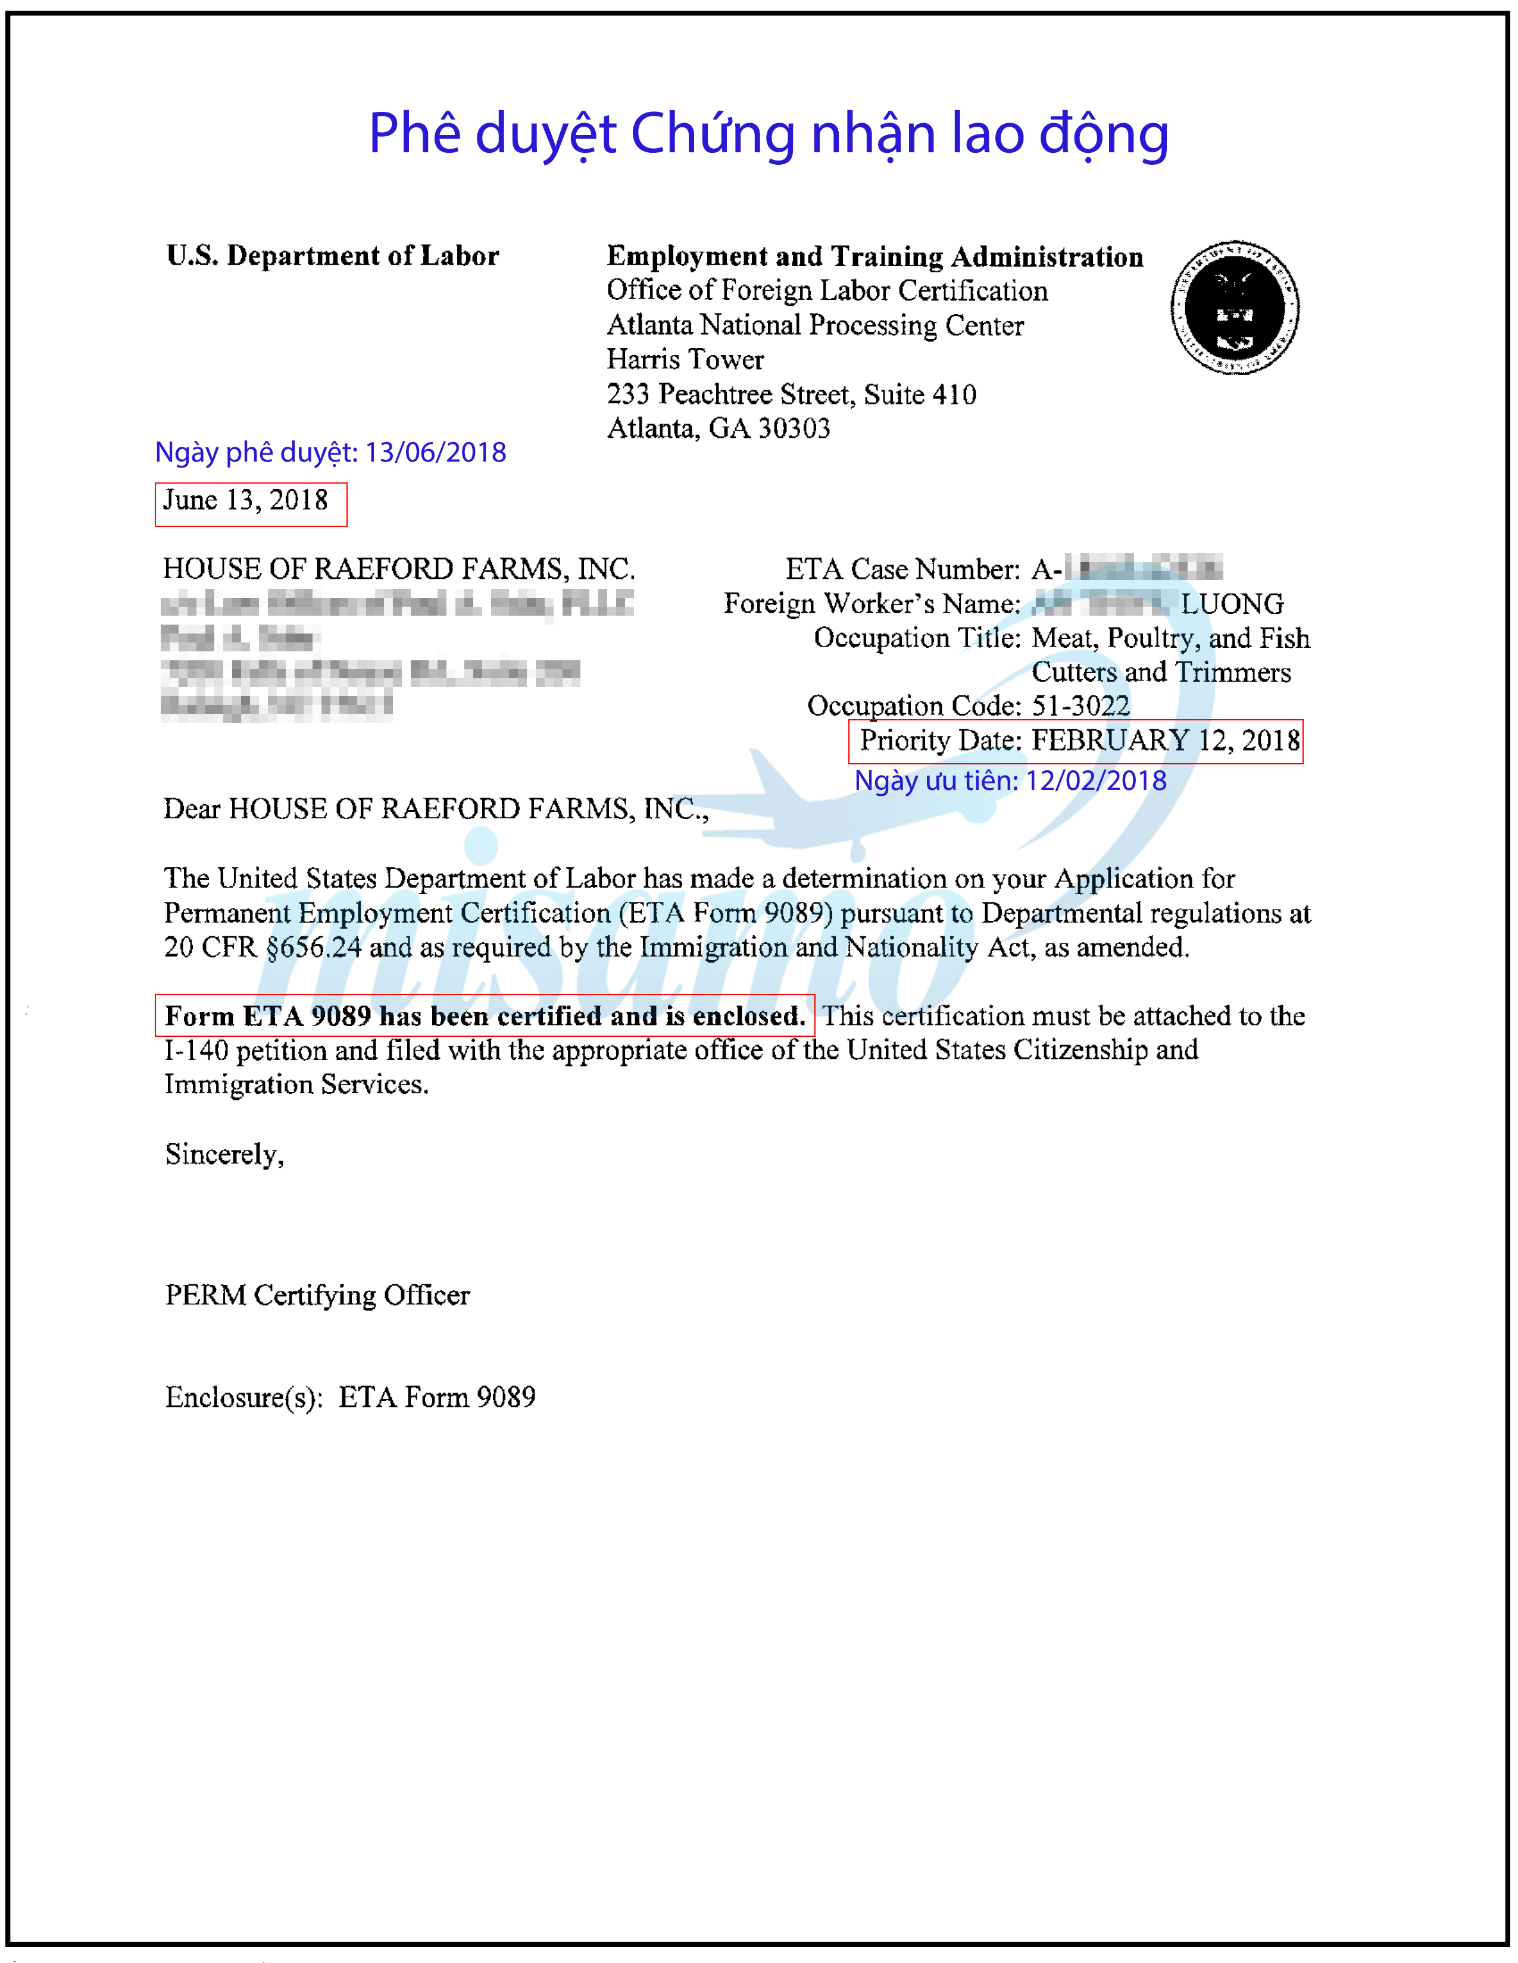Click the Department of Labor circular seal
click(x=1234, y=308)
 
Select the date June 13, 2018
click(x=245, y=501)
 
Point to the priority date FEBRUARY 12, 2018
click(x=1164, y=741)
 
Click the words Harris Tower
click(x=685, y=359)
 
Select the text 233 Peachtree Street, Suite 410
click(x=791, y=394)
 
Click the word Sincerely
click(x=224, y=1154)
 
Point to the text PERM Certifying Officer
click(x=317, y=1295)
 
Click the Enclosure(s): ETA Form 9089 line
click(x=350, y=1398)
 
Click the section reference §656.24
click(x=314, y=948)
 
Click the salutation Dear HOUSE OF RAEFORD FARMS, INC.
click(x=435, y=810)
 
